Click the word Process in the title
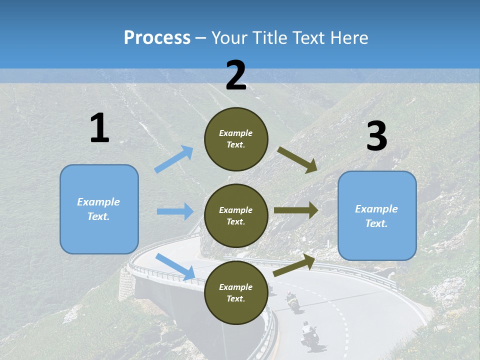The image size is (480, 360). (157, 37)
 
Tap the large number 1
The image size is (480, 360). (99, 128)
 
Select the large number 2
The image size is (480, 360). (236, 75)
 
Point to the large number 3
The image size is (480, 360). (377, 136)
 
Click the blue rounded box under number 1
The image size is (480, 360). (99, 209)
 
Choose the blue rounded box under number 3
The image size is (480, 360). (377, 216)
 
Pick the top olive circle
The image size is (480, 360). (236, 139)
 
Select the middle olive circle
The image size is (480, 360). (236, 215)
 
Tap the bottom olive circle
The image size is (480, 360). (236, 292)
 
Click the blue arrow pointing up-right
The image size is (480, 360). (174, 159)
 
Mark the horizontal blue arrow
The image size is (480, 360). (175, 211)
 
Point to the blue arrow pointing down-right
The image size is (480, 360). (175, 266)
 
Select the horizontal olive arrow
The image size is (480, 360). (296, 210)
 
